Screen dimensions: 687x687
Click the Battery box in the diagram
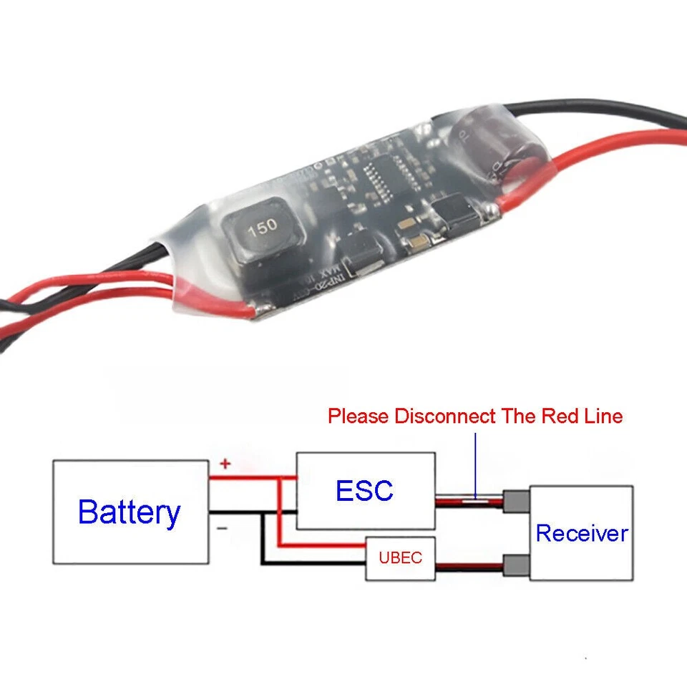[130, 512]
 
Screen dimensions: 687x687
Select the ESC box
[365, 490]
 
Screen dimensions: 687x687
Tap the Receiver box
[581, 533]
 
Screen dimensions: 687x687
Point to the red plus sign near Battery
[225, 464]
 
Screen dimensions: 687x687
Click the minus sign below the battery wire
[222, 528]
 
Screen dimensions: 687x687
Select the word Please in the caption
[359, 416]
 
